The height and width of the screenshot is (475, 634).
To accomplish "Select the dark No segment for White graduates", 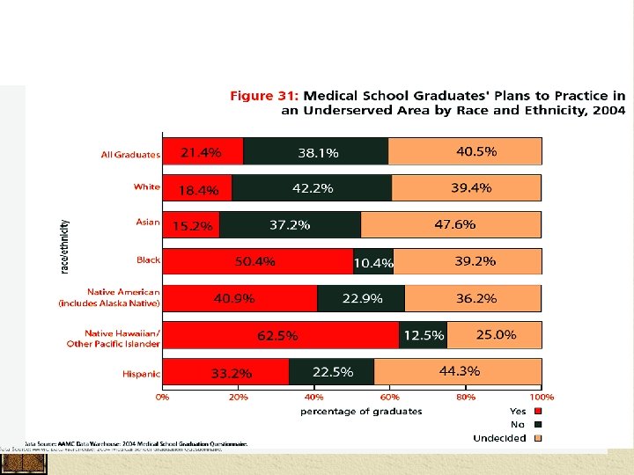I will click(312, 187).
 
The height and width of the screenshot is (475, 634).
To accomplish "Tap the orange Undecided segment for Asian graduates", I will click(451, 224).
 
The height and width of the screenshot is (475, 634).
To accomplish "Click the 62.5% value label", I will click(277, 335).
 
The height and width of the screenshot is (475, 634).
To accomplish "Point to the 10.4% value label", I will click(372, 262).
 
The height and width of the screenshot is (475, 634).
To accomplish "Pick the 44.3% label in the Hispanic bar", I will click(459, 371).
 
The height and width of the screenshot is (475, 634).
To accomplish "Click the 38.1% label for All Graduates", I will click(318, 152).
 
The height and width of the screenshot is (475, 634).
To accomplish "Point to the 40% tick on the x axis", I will click(314, 398).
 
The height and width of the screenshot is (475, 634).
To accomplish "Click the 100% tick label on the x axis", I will click(542, 398).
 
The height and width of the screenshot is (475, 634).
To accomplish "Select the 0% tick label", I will click(163, 398).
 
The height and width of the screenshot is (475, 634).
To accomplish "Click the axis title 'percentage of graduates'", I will click(361, 411).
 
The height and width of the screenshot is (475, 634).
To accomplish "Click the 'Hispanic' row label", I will click(141, 374).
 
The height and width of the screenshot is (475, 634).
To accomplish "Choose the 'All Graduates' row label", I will click(130, 155).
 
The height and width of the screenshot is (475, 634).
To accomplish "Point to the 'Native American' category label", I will click(123, 291).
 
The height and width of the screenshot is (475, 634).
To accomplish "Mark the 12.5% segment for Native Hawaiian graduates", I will click(423, 335).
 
